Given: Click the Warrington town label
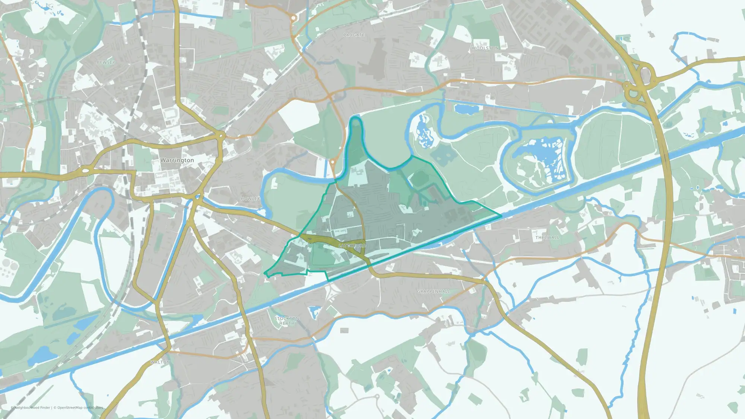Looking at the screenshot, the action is coord(177,160).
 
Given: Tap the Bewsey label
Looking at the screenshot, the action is coord(106,63).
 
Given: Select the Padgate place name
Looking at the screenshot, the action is coord(354,35).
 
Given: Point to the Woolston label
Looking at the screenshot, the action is coord(485,48).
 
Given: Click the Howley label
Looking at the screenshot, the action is coord(250,199).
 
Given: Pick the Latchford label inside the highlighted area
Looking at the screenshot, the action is coord(352,246).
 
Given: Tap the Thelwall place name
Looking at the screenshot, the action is coord(547,238).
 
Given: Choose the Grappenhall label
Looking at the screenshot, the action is coord(434,291).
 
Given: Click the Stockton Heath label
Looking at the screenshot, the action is coord(287,321).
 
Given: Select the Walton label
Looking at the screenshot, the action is coord(160,362).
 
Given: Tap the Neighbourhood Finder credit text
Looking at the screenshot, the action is coord(32,407).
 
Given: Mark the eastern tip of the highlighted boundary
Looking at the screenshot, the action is coord(501,215).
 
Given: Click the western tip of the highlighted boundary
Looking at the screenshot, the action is coord(264,274).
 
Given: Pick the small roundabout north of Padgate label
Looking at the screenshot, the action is coord(294,18).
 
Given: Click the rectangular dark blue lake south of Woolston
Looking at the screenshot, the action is coord(466,109).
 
